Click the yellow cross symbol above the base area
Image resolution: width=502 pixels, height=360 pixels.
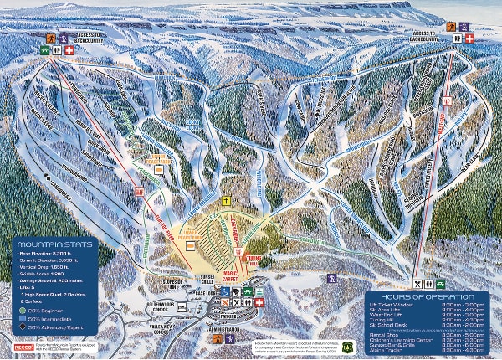pos(226,203)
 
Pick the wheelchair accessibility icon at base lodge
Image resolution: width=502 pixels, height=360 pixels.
pos(226,293)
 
